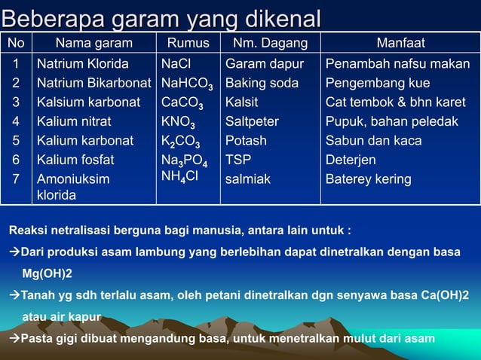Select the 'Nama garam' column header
click(x=93, y=44)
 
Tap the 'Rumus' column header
click(x=188, y=44)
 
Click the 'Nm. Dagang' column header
click(x=269, y=44)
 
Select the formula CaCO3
click(x=182, y=103)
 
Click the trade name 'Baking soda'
click(x=262, y=83)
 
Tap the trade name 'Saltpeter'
click(x=252, y=121)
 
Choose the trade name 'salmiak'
click(x=248, y=179)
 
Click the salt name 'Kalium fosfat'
click(x=75, y=160)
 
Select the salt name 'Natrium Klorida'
click(x=83, y=64)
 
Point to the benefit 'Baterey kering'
click(x=368, y=179)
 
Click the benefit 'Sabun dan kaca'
click(x=373, y=141)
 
